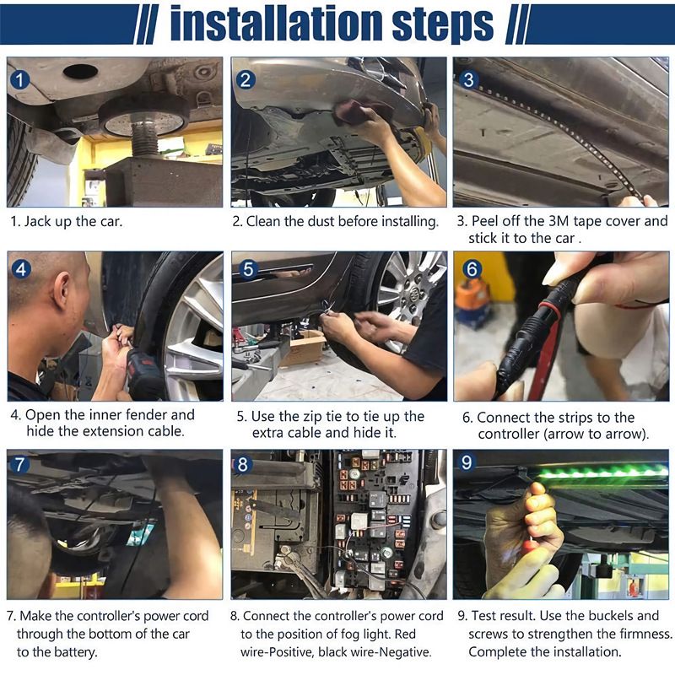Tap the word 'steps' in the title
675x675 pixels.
click(x=442, y=25)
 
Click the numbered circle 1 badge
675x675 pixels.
click(x=19, y=80)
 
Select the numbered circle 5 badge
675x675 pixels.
click(x=248, y=269)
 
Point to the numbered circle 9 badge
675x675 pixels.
click(x=467, y=462)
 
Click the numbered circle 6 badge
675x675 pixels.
click(x=472, y=269)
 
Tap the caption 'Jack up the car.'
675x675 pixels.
click(x=73, y=222)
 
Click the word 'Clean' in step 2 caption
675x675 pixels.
click(x=263, y=221)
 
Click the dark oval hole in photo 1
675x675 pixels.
click(x=80, y=71)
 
